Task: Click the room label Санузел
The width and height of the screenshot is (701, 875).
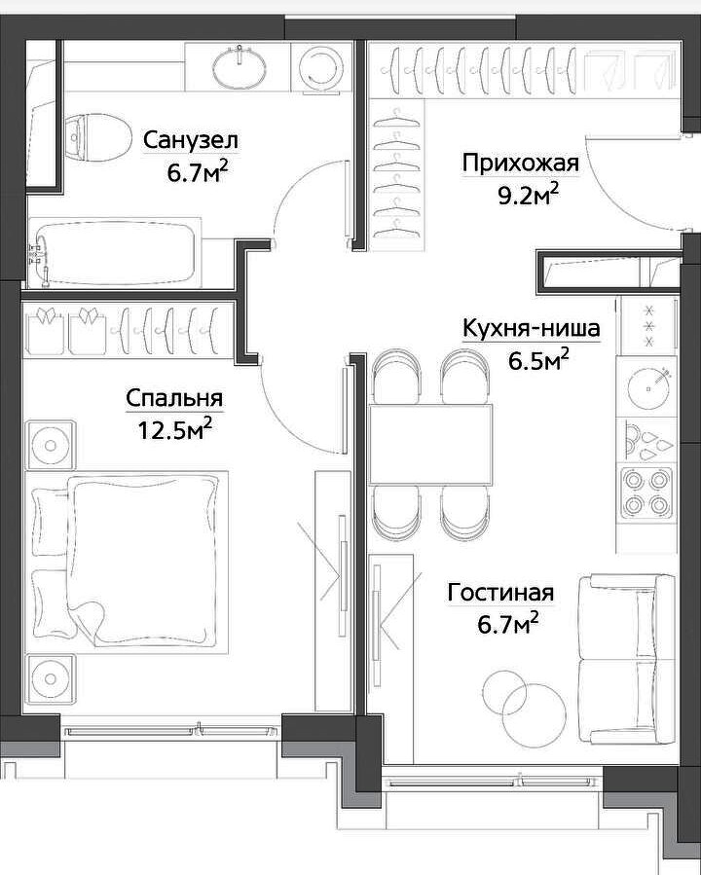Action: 191,140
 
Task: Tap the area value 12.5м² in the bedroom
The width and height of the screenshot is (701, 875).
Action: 175,429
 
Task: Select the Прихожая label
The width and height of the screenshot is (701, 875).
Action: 520,164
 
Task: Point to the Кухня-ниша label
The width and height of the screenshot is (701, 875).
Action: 532,329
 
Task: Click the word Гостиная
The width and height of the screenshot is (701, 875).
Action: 500,593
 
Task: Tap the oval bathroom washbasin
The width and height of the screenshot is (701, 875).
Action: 240,66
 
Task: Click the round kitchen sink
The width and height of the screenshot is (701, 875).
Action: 648,387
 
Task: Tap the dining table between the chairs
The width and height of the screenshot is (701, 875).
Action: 430,445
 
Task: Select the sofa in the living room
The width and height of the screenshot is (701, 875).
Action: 626,660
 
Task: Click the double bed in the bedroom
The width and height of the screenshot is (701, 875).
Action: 128,563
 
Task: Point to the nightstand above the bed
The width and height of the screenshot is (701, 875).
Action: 50,445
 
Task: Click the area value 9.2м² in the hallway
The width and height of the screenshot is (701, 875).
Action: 528,196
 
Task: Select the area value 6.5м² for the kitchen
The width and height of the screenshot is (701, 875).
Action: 538,361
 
